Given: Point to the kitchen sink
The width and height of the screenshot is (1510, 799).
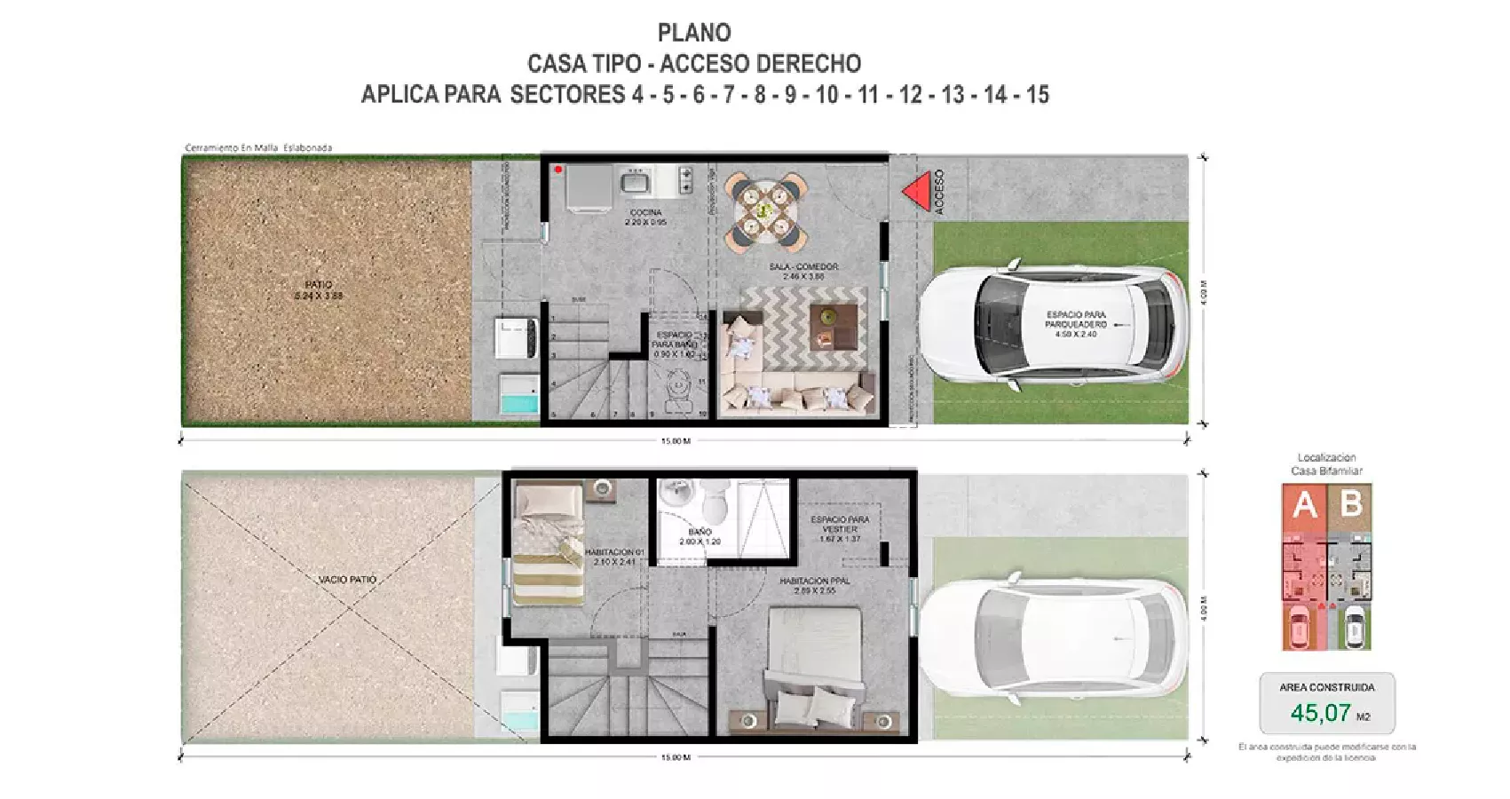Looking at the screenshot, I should (x=636, y=182).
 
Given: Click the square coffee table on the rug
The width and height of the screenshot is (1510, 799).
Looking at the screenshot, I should (x=835, y=327).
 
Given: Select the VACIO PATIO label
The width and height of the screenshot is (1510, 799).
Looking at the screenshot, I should (x=347, y=579).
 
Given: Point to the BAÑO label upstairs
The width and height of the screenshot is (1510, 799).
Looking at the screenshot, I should (x=700, y=532).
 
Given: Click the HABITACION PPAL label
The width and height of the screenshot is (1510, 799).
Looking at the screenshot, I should (x=814, y=581).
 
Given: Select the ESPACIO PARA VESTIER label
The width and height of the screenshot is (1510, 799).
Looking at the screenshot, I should (x=840, y=524).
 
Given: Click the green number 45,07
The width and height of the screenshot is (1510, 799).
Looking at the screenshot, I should (x=1320, y=713).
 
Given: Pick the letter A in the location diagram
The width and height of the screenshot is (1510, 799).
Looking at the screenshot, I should (x=1304, y=505).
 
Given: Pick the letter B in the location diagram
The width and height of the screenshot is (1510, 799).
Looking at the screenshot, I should (x=1351, y=504).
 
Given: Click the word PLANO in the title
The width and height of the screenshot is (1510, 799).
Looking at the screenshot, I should (x=694, y=33).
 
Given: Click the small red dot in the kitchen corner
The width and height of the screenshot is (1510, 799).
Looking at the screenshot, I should (x=557, y=169).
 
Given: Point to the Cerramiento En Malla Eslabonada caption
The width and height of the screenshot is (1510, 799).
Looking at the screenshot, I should (x=258, y=147).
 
